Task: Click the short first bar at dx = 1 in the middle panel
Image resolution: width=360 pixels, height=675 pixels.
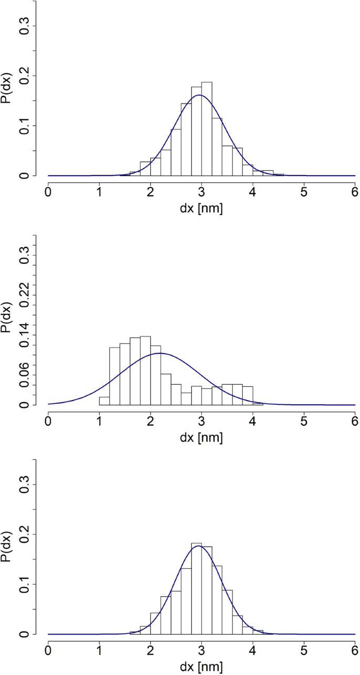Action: tap(104, 401)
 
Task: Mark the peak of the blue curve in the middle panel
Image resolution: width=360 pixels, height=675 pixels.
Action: tap(160, 353)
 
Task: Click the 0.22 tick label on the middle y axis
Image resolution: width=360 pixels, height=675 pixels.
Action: tap(24, 285)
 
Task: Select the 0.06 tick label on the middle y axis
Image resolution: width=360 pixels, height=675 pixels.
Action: tap(24, 365)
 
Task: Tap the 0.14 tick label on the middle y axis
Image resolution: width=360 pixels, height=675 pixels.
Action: tap(24, 325)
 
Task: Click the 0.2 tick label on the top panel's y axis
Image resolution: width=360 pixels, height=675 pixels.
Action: tap(24, 76)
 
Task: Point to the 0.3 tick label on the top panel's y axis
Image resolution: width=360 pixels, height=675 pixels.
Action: tap(24, 26)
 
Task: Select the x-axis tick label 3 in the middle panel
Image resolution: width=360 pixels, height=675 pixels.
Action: tap(201, 422)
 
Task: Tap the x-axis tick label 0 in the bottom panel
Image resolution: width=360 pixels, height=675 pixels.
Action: tap(48, 651)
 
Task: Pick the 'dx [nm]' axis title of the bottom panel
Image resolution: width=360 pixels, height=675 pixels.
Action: tap(201, 667)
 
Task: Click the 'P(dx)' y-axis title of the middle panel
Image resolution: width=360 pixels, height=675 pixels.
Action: tap(7, 318)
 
